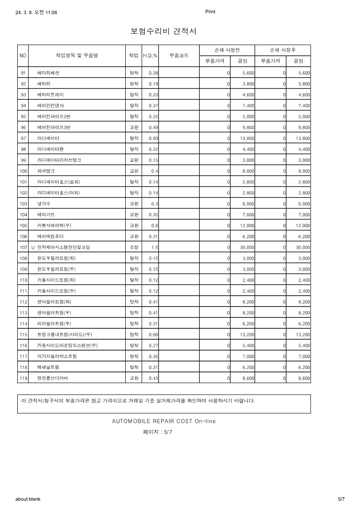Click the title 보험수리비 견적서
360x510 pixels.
click(163, 31)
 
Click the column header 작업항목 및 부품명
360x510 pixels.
click(77, 55)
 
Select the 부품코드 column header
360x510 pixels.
click(179, 55)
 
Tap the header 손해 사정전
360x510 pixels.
click(227, 50)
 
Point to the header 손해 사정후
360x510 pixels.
click(283, 50)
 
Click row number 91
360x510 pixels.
click(23, 73)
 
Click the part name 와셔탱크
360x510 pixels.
click(46, 171)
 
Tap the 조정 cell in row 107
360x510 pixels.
click(134, 248)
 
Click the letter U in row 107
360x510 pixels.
click(33, 248)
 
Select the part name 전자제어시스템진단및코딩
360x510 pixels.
click(64, 248)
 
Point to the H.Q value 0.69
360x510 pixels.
click(153, 139)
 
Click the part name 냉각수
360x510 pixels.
click(44, 204)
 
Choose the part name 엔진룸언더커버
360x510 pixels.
click(54, 378)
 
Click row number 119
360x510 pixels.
click(23, 378)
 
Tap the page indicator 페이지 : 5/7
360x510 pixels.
click(158, 432)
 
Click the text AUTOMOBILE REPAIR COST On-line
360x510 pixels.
click(164, 421)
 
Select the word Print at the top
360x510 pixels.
click(210, 12)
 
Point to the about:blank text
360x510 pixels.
click(28, 499)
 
